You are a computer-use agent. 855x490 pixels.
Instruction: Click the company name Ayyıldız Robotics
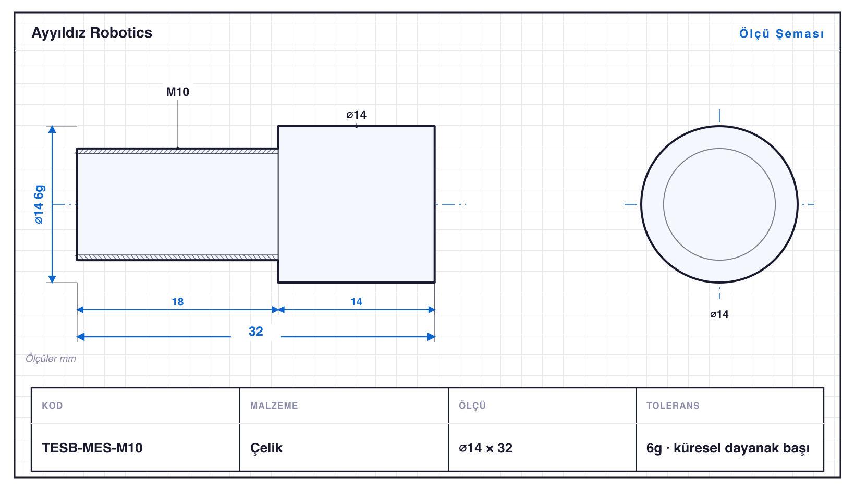click(92, 33)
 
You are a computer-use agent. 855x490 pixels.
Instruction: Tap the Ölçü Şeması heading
click(781, 33)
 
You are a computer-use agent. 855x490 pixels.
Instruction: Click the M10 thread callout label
click(177, 92)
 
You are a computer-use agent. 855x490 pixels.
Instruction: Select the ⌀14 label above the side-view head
click(356, 115)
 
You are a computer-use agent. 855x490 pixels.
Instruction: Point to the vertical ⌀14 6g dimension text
click(39, 204)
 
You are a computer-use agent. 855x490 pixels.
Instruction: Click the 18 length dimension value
click(177, 302)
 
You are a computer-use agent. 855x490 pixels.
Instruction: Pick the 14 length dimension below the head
click(356, 302)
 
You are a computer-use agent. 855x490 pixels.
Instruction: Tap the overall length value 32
click(256, 331)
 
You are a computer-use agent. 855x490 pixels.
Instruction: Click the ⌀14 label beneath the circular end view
click(719, 314)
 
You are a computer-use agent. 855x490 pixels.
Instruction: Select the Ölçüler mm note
click(51, 358)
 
